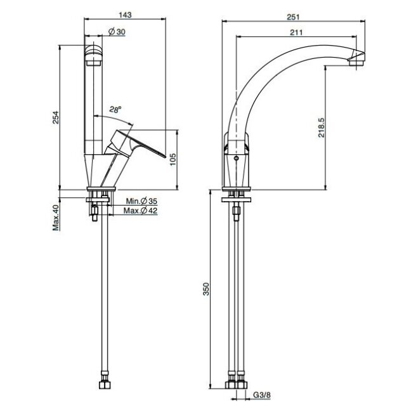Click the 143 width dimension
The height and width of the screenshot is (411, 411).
(125, 15)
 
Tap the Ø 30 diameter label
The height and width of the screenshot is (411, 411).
(117, 32)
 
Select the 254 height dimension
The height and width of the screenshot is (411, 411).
(56, 117)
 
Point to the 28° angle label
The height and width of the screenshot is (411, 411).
(115, 110)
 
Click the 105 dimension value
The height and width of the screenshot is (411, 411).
(173, 159)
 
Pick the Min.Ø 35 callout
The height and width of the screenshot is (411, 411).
(141, 201)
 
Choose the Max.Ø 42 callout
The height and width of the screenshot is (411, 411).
(141, 211)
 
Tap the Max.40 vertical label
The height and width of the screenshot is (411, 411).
(56, 218)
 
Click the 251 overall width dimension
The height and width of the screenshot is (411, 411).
(293, 17)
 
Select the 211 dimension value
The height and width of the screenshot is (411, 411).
(296, 32)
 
